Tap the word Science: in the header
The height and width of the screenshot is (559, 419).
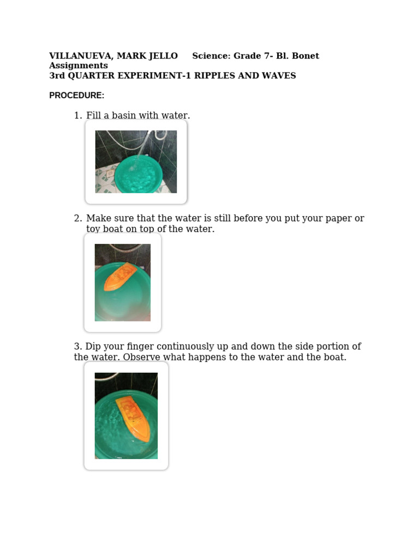211,56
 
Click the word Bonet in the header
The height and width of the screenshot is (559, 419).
307,56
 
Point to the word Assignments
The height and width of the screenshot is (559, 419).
79,66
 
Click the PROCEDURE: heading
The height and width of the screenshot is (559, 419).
76,96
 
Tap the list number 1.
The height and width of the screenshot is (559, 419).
77,116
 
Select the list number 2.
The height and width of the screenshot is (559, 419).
77,219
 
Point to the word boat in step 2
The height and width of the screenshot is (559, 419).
112,229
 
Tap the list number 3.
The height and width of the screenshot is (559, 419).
77,347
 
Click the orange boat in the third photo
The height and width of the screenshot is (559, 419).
132,417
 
